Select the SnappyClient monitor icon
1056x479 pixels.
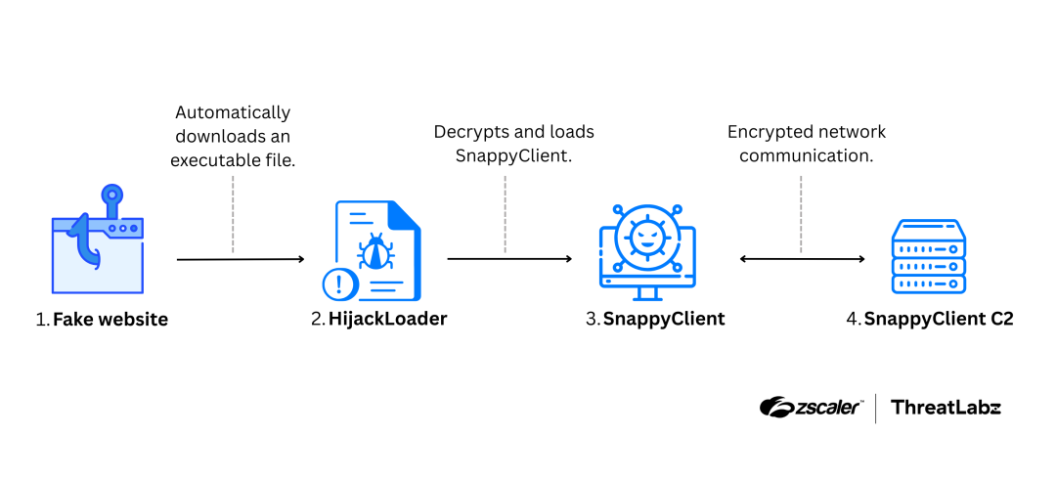coord(647,251)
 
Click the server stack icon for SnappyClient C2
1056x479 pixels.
coord(928,257)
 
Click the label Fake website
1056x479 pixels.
coord(110,320)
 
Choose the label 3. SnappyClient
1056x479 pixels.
coord(655,319)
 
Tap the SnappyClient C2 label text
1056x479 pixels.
coord(938,319)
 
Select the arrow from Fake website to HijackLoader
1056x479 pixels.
coord(241,259)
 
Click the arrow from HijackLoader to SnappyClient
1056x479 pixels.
coord(509,259)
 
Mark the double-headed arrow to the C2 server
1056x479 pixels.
coord(802,259)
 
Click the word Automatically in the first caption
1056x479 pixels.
coord(233,112)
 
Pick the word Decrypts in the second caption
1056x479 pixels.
coord(468,131)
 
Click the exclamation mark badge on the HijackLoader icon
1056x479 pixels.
coord(339,284)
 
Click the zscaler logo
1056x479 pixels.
coord(811,408)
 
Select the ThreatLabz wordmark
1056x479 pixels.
coord(946,408)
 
